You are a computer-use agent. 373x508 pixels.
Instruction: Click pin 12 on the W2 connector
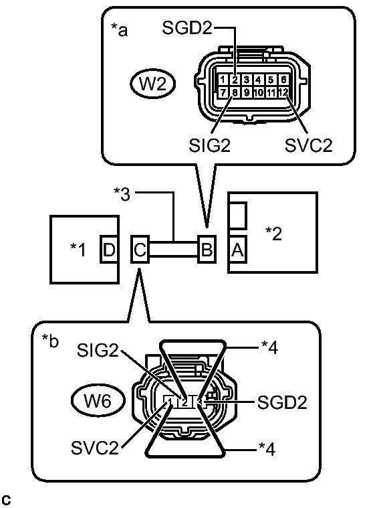point(285,92)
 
